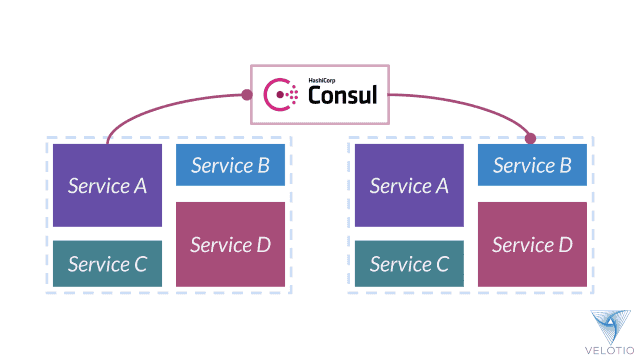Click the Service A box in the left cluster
[107, 185]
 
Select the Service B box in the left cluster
[230, 165]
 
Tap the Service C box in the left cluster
[107, 264]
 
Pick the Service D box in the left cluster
[230, 244]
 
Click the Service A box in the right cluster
[409, 185]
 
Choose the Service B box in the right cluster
[532, 165]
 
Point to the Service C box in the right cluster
[409, 264]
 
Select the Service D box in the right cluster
[532, 244]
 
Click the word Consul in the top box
[342, 97]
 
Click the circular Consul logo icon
[281, 95]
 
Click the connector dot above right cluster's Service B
[531, 138]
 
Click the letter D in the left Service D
[263, 245]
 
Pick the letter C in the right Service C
[441, 265]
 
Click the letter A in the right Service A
[441, 186]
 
